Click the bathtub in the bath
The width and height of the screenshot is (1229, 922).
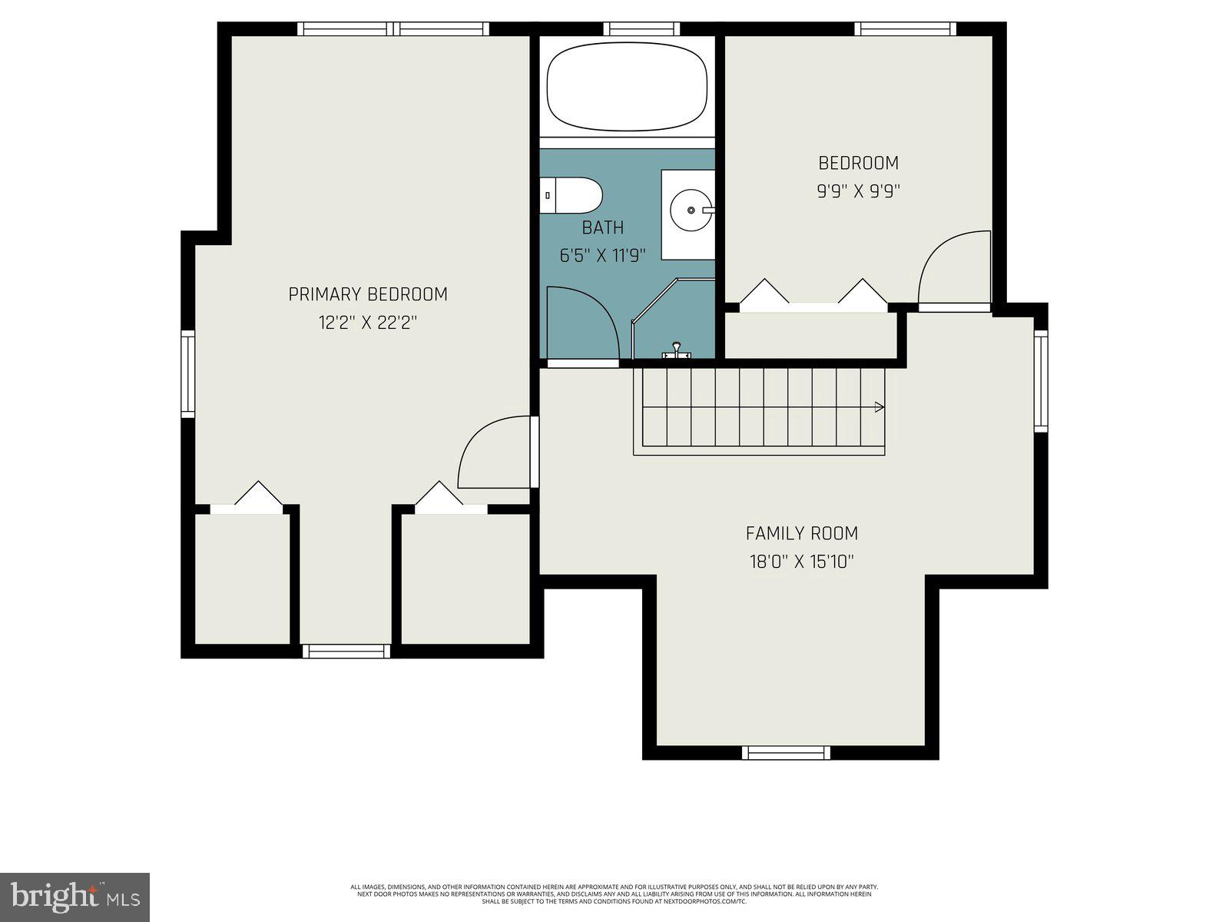pyautogui.click(x=626, y=87)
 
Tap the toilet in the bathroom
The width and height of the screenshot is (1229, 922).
pyautogui.click(x=572, y=196)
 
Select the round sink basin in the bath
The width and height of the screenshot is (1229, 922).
pyautogui.click(x=691, y=210)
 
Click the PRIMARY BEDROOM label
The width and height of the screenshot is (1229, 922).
pyautogui.click(x=368, y=294)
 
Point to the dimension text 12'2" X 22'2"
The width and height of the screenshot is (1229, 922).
pyautogui.click(x=368, y=323)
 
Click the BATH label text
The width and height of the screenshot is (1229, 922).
pyautogui.click(x=602, y=228)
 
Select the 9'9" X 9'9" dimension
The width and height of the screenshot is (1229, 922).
pyautogui.click(x=858, y=191)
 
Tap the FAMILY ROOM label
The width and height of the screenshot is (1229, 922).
pyautogui.click(x=802, y=533)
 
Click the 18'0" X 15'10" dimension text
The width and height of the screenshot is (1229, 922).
pyautogui.click(x=802, y=562)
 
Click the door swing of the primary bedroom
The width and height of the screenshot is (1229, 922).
pyautogui.click(x=492, y=453)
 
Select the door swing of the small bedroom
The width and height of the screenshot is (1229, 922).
pyautogui.click(x=952, y=269)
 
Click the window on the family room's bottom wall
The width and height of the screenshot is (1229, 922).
pyautogui.click(x=786, y=753)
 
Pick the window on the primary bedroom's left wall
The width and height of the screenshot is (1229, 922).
pyautogui.click(x=187, y=373)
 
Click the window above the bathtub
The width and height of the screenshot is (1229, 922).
pyautogui.click(x=641, y=29)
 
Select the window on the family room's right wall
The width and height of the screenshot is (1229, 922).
pyautogui.click(x=1041, y=380)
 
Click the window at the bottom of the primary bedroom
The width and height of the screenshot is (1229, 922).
pyautogui.click(x=346, y=652)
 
